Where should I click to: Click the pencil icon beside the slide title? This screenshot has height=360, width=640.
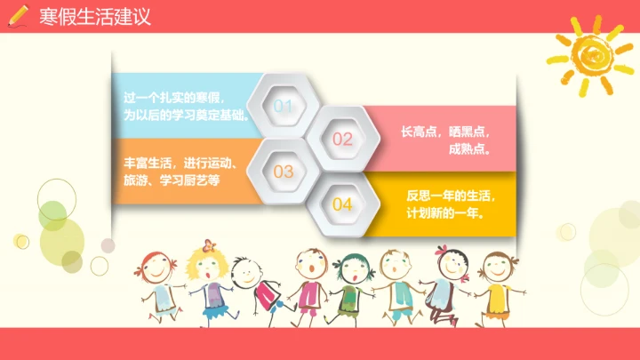18,17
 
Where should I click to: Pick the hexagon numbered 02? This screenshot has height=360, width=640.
342,139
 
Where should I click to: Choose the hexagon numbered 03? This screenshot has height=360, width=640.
284,171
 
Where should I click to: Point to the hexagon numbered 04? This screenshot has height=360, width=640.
342,204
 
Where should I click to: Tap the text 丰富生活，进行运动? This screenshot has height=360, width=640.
179,163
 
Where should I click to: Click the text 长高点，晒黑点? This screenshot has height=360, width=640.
445,131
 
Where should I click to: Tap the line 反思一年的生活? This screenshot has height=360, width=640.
451,196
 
